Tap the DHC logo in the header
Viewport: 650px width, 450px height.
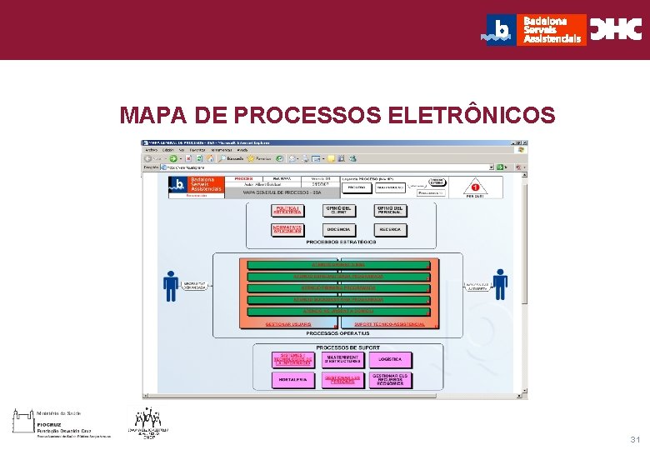click(616, 29)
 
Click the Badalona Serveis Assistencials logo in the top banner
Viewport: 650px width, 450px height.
click(534, 29)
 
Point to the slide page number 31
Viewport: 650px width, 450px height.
click(636, 439)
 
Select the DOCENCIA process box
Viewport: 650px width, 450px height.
click(338, 229)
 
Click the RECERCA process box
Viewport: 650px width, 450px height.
click(390, 229)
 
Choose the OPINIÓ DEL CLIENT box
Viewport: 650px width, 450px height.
click(338, 210)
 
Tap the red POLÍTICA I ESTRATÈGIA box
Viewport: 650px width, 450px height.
click(287, 210)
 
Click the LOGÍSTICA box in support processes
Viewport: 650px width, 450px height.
click(390, 359)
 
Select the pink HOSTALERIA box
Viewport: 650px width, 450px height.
click(292, 379)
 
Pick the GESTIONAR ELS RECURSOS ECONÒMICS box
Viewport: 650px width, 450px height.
click(390, 379)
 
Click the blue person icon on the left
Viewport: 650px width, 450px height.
click(171, 284)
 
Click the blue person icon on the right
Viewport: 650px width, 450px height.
click(500, 283)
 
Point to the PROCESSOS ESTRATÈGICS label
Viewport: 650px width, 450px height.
click(341, 242)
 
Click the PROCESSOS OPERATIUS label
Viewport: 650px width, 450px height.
click(337, 332)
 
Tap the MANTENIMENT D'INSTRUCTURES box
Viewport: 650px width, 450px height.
click(342, 359)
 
